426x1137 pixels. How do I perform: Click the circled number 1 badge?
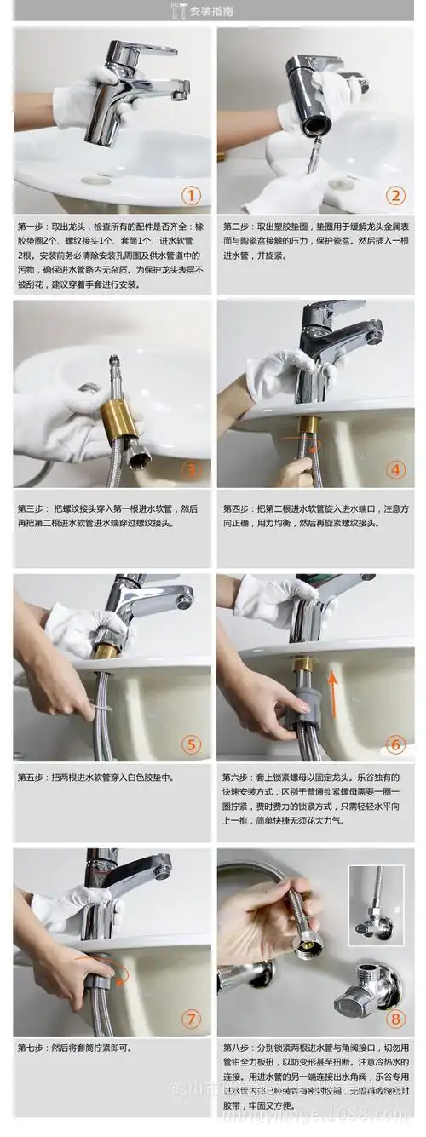pos(193,197)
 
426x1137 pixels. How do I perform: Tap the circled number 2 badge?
pos(394,197)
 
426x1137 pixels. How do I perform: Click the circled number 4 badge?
pos(394,469)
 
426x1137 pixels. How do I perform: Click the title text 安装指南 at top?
pos(220,11)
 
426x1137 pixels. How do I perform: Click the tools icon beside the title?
pos(179,11)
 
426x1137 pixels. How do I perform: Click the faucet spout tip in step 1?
pos(180,92)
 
